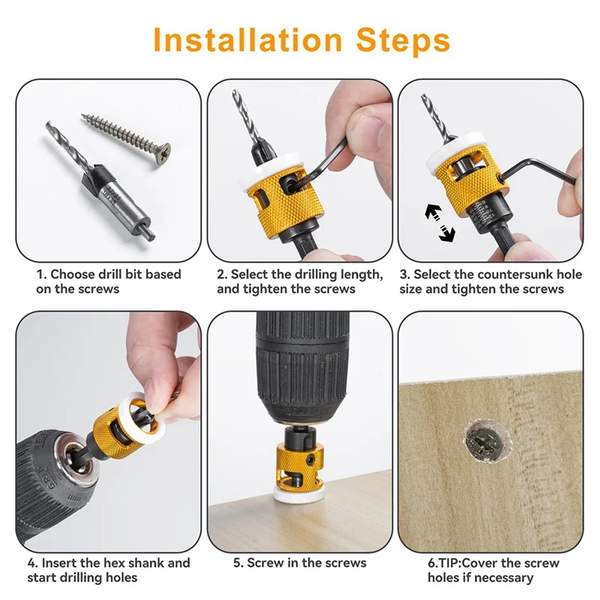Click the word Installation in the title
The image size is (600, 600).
(x=247, y=40)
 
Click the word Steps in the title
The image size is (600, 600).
(x=403, y=40)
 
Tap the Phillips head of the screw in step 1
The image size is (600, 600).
(x=163, y=154)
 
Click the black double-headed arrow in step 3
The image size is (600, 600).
(x=440, y=223)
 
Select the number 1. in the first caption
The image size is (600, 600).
(x=42, y=274)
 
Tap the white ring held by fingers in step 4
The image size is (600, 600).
(x=142, y=418)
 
